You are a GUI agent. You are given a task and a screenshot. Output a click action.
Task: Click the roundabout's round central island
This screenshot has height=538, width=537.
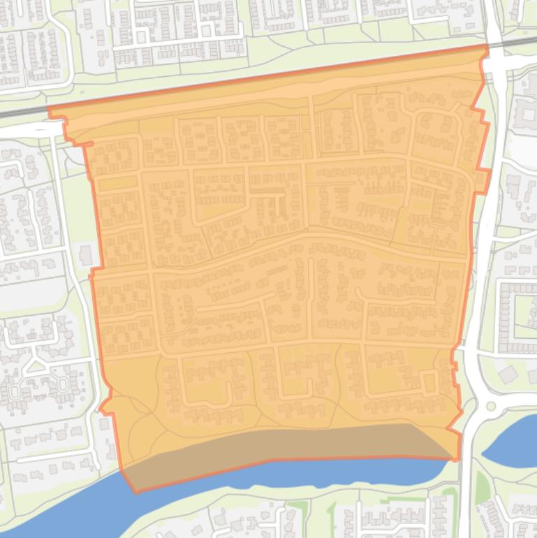490,406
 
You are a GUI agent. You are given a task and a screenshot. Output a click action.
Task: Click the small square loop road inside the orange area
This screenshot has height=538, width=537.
429,381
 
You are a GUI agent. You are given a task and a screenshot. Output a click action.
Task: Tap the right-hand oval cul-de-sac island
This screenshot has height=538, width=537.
61,384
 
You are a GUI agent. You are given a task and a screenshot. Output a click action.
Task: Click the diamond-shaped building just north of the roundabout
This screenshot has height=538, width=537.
508,375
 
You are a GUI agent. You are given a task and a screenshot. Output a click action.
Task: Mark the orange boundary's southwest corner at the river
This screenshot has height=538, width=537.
135,492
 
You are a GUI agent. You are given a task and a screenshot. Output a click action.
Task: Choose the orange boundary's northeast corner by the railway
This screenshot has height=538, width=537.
486,45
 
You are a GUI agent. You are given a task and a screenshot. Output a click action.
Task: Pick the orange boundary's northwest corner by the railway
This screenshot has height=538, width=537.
49,109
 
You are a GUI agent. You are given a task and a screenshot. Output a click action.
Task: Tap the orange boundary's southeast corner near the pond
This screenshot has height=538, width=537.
458,459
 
